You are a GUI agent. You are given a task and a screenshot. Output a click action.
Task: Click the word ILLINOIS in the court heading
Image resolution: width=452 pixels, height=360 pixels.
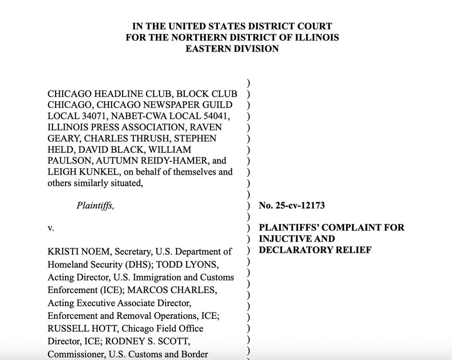point(314,38)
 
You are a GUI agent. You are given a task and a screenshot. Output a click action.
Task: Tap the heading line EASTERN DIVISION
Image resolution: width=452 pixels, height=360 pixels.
point(232,49)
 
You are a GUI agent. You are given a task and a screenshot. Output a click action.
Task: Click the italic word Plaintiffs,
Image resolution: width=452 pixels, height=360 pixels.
point(95,206)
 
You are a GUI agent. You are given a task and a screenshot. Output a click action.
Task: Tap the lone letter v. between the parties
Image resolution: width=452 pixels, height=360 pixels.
point(51,228)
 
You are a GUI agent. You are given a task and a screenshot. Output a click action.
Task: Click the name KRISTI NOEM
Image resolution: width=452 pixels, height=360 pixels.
point(74,251)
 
